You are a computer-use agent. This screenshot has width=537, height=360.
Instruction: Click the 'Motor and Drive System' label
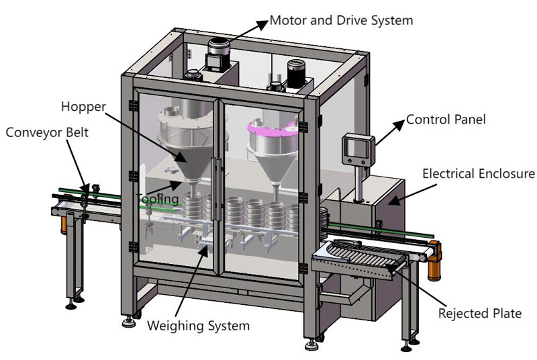pos(340,20)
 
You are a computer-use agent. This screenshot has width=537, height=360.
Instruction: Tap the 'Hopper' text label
pos(82,106)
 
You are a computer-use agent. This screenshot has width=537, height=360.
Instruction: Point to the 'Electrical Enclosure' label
pos(478,173)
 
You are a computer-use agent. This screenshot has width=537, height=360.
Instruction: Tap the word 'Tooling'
pos(158,199)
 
